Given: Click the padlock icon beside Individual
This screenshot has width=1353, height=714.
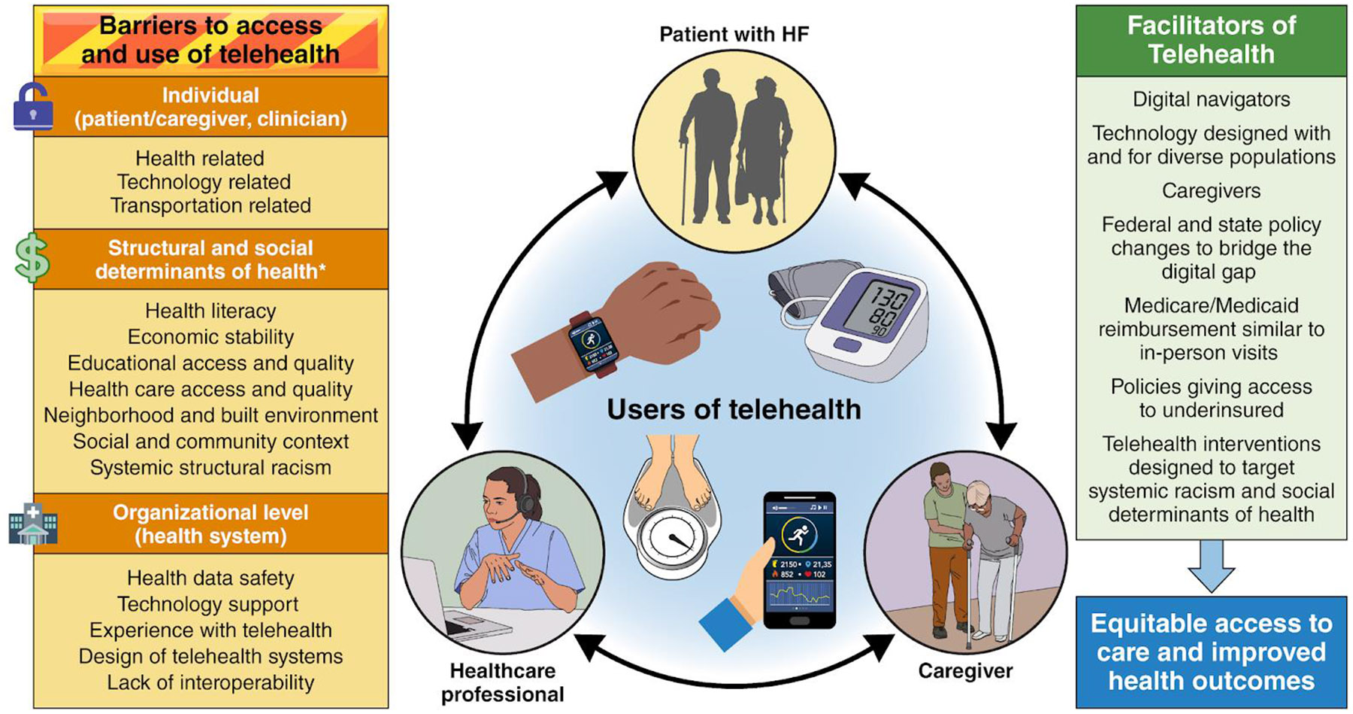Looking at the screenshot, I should (x=33, y=107).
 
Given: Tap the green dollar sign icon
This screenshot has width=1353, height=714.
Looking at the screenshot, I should (x=32, y=259).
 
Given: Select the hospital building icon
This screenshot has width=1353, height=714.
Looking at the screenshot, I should (x=32, y=524).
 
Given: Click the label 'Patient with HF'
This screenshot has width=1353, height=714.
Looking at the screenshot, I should (x=734, y=34).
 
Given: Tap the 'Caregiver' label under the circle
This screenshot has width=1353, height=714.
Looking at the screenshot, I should (x=965, y=670).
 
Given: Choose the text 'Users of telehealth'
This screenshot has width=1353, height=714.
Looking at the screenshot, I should (x=734, y=409).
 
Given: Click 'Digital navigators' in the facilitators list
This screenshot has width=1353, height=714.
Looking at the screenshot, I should (x=1211, y=99).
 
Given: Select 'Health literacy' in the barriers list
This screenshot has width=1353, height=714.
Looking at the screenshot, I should (x=210, y=311).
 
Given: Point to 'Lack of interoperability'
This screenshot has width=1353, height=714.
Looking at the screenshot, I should (x=210, y=682).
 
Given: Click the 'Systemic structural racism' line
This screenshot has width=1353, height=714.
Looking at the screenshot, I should (x=210, y=467).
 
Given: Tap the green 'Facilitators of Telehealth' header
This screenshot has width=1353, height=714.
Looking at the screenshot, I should (x=1211, y=40).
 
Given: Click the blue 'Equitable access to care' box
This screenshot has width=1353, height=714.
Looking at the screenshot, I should (x=1211, y=652).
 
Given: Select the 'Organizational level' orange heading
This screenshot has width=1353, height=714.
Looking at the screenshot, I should (x=210, y=524).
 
